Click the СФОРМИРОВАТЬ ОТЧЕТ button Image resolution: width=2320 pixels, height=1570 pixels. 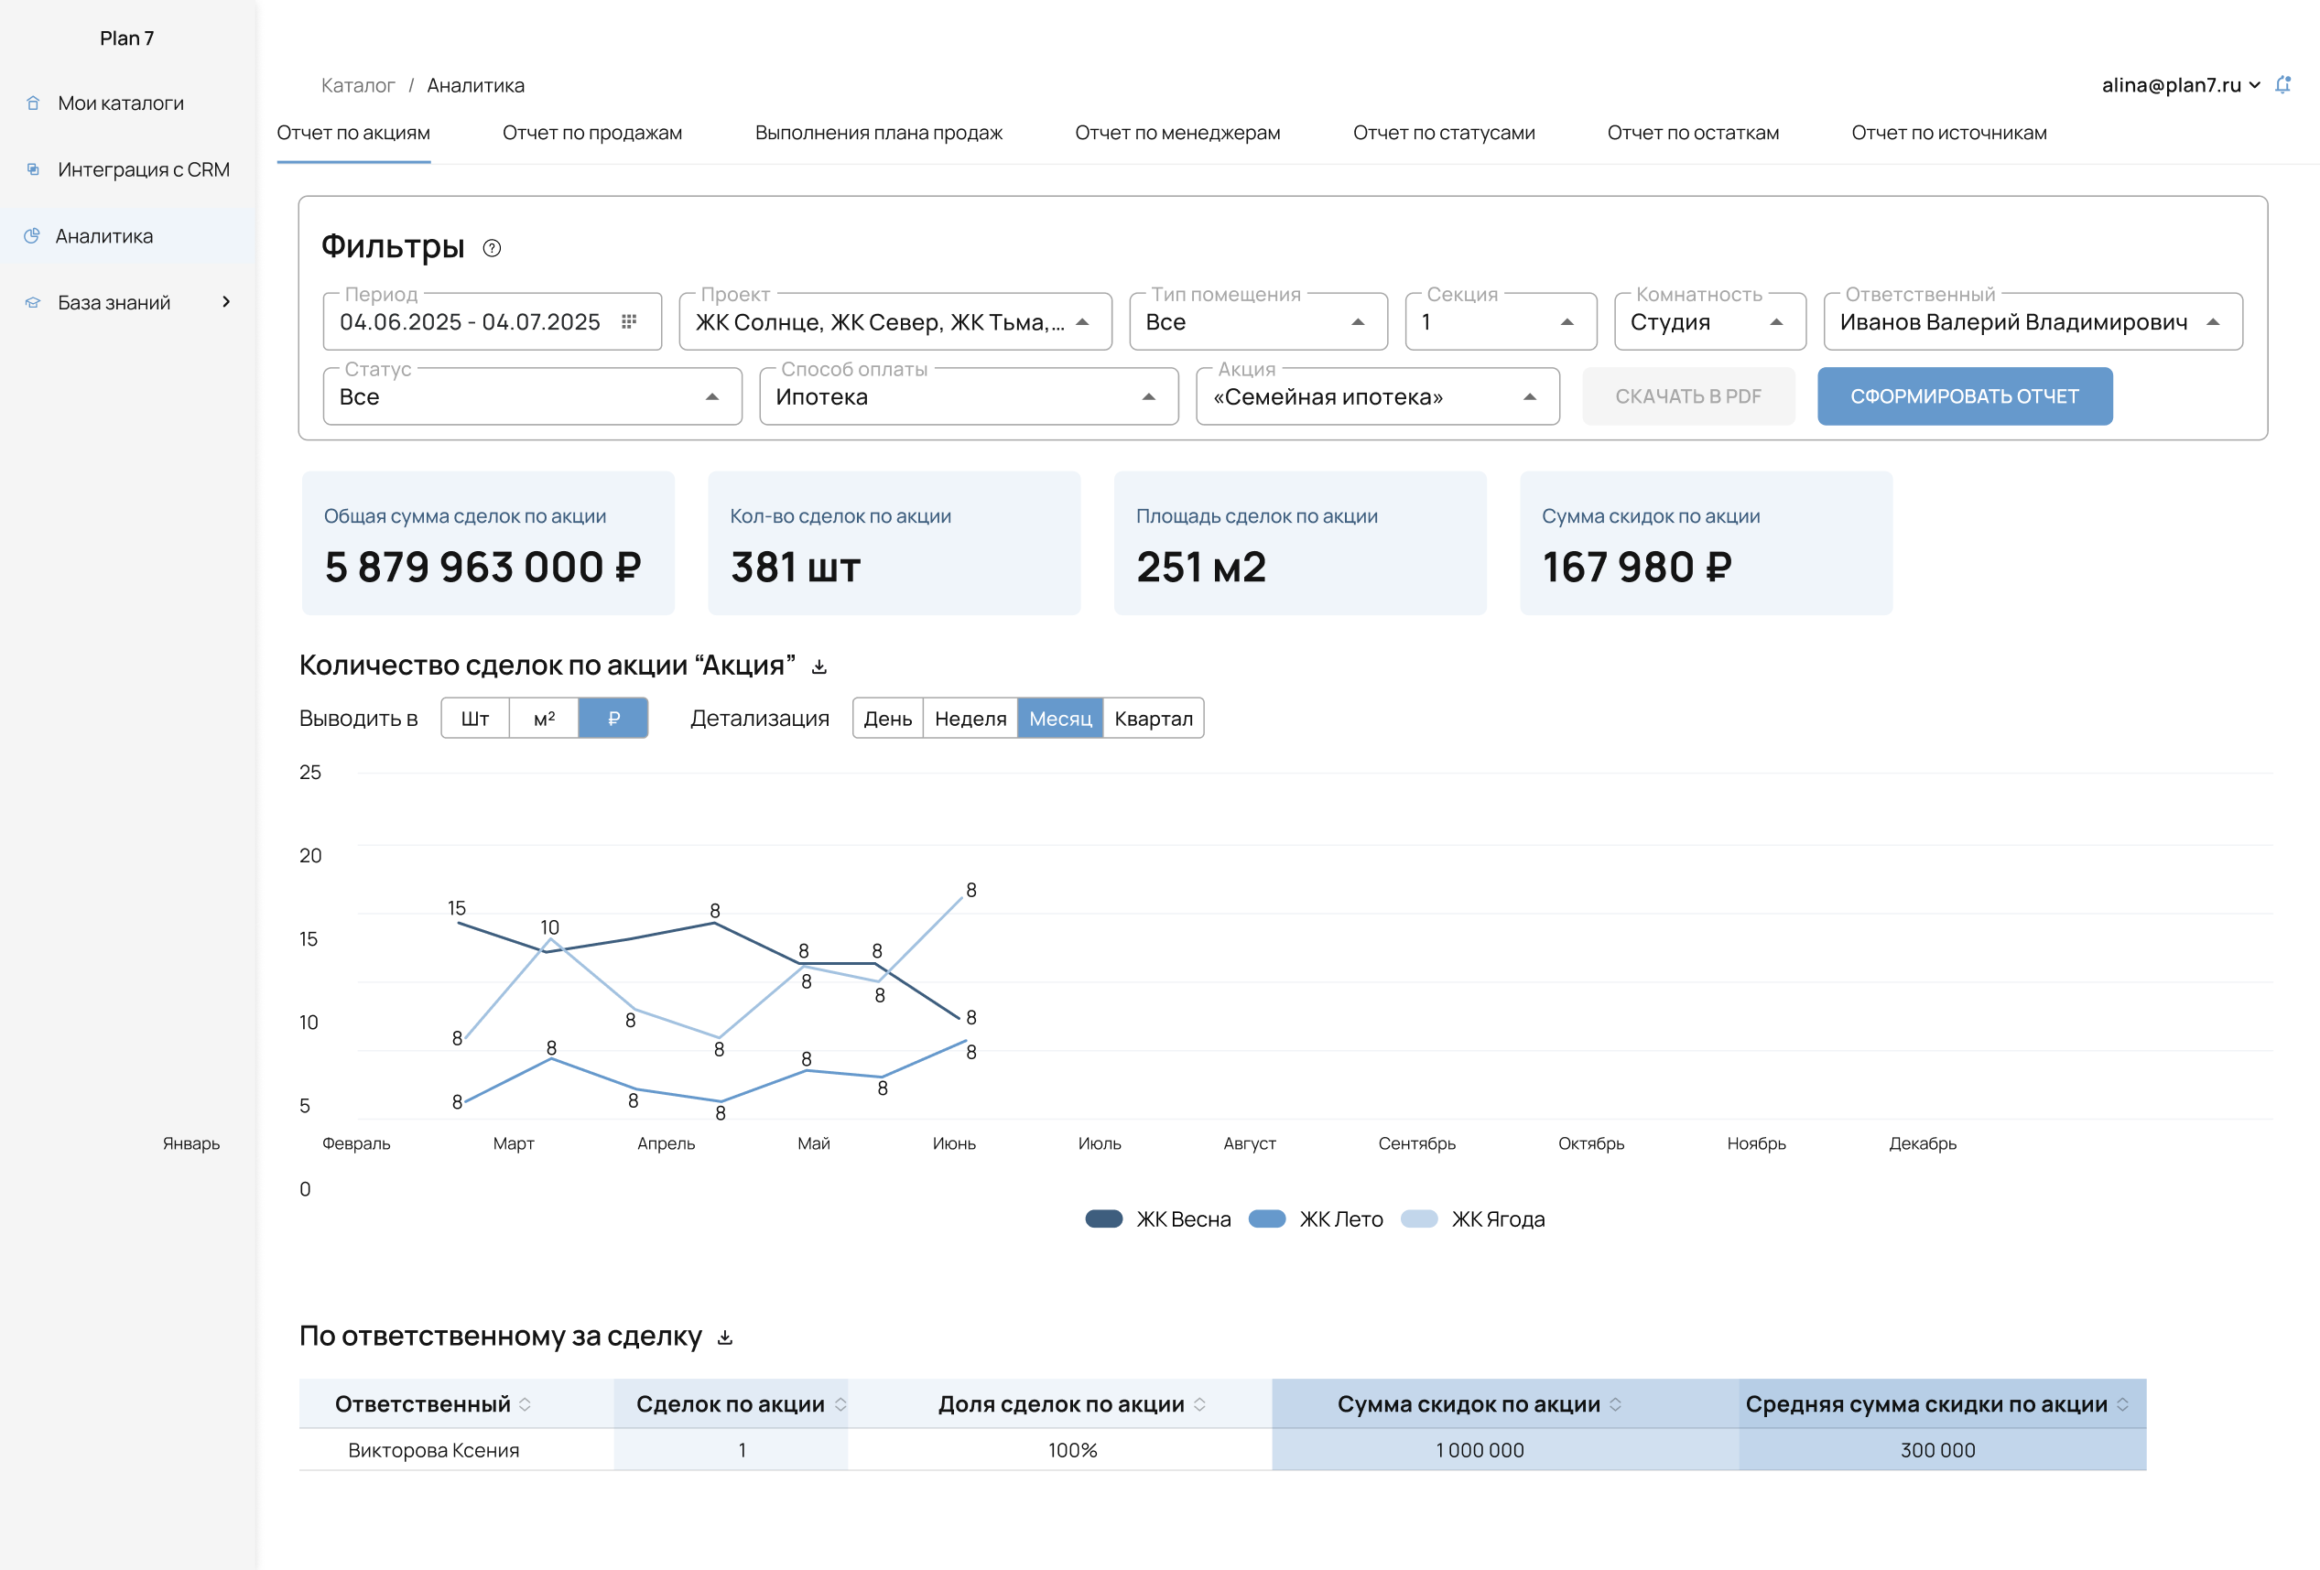[1964, 396]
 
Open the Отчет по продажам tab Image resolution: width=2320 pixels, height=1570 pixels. [592, 133]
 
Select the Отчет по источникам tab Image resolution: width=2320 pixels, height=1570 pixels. [1947, 133]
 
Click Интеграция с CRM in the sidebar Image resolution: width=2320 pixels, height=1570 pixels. [143, 169]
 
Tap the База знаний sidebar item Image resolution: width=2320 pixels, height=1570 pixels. [114, 302]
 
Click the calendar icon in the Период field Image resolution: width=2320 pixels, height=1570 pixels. [629, 321]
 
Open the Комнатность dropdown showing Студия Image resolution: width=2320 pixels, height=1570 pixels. [1708, 321]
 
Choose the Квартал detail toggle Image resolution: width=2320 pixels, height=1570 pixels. [1153, 719]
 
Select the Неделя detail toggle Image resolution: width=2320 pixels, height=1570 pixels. [970, 719]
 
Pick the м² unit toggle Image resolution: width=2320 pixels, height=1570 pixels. [544, 719]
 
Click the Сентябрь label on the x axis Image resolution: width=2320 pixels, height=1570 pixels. [1415, 1143]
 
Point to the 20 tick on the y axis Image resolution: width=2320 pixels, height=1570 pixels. [310, 855]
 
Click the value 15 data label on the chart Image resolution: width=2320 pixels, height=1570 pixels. [456, 908]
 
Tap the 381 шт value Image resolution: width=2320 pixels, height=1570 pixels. [795, 567]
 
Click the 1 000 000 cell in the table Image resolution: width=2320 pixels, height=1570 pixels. [1480, 1450]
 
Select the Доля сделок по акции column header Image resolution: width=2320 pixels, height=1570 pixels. [1061, 1404]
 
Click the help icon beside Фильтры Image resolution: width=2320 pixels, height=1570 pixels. [491, 247]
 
